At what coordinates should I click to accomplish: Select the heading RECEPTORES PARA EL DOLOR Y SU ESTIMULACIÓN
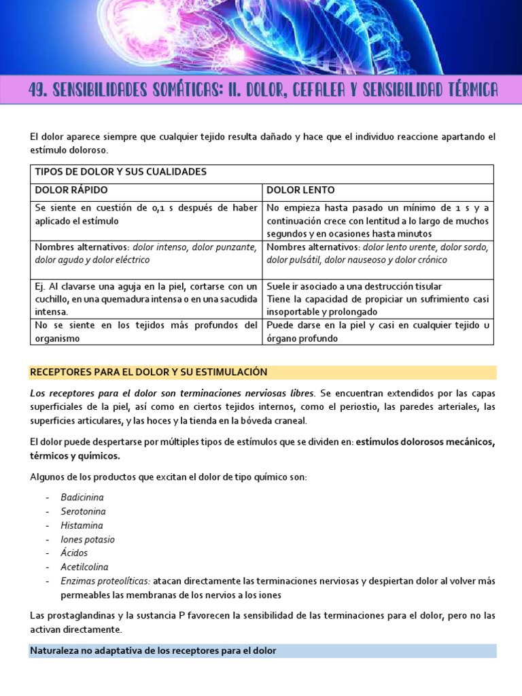(148, 372)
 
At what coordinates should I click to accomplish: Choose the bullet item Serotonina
(83, 511)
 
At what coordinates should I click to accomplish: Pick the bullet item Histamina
(82, 525)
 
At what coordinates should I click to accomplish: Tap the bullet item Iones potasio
(88, 539)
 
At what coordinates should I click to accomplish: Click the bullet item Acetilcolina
(84, 567)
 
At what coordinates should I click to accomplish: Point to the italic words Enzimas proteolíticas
(105, 581)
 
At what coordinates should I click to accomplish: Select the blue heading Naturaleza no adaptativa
(153, 650)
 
